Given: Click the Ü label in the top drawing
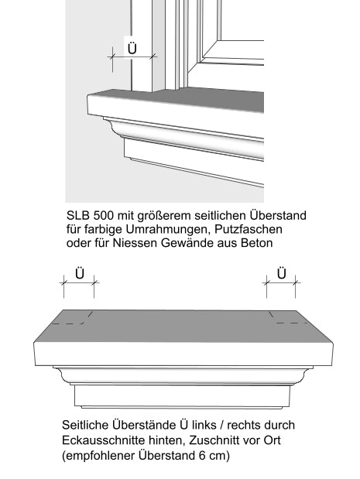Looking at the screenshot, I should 132,47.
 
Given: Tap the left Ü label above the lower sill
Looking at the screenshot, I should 78,273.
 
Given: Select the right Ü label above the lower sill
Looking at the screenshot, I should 282,273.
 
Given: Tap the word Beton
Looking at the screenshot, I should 257,244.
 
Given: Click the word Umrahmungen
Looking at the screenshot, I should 159,230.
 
